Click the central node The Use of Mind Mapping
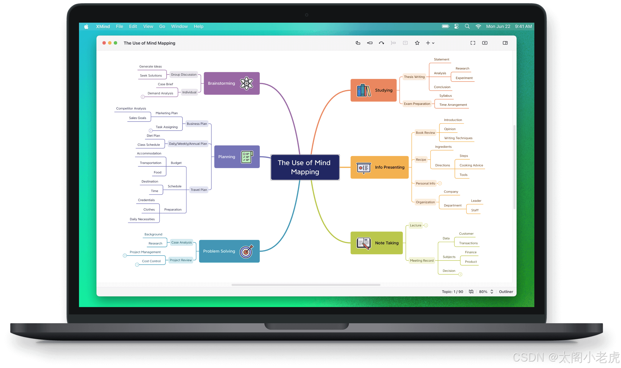click(305, 167)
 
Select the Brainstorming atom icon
click(246, 83)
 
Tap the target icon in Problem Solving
click(246, 251)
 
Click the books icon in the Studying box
click(363, 90)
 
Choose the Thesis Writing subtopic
click(414, 77)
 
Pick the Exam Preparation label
click(417, 104)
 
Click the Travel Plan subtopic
click(199, 190)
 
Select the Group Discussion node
click(183, 74)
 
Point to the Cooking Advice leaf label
click(471, 165)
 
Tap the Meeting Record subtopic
click(421, 261)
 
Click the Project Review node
click(180, 260)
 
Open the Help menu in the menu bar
click(198, 26)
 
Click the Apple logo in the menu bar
click(86, 26)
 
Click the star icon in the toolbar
click(417, 43)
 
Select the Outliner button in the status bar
click(506, 292)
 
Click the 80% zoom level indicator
click(483, 292)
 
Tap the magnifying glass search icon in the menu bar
click(467, 26)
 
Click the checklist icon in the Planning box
click(247, 157)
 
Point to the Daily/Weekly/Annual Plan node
click(188, 144)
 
